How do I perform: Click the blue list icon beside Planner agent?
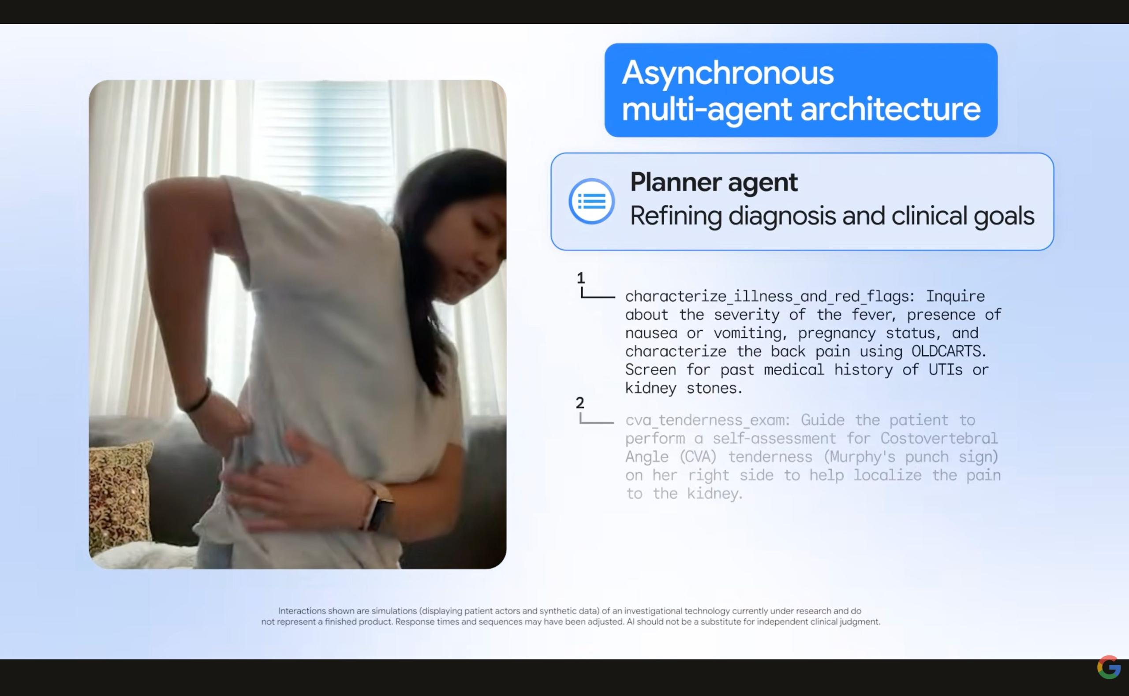[x=591, y=201]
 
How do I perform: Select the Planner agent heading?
[x=714, y=182]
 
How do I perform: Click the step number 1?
[x=581, y=278]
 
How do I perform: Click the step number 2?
[x=579, y=403]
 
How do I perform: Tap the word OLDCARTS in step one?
[x=949, y=351]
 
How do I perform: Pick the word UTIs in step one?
[x=945, y=370]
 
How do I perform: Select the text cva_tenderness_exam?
[x=707, y=420]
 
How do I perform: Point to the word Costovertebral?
[x=939, y=438]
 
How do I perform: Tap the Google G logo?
[x=1109, y=667]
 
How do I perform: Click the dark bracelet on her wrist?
[x=199, y=396]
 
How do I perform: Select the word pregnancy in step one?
[x=837, y=333]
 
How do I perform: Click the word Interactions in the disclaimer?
[x=302, y=611]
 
